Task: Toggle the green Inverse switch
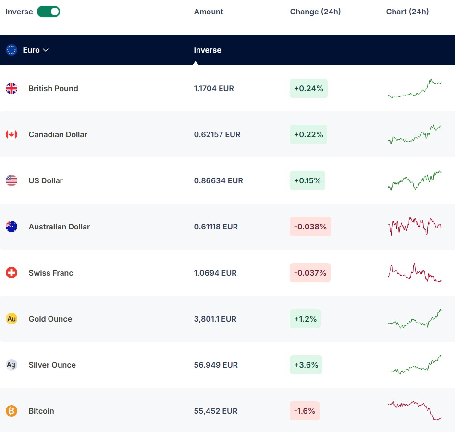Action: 49,12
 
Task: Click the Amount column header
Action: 209,12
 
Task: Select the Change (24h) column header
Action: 315,12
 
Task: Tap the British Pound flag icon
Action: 12,88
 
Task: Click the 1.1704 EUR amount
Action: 214,88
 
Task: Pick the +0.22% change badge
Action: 308,134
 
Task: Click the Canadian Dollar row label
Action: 58,134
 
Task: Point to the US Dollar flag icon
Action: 12,180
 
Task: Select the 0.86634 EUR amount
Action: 218,180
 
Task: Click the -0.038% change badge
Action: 310,227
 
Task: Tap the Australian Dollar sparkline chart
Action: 415,226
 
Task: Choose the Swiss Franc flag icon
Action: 12,273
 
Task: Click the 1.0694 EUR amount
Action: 215,273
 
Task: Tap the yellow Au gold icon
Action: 12,319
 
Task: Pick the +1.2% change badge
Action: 305,319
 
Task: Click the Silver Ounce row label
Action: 52,365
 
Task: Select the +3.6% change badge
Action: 306,365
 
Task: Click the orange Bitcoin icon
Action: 12,411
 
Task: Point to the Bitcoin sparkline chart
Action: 415,411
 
